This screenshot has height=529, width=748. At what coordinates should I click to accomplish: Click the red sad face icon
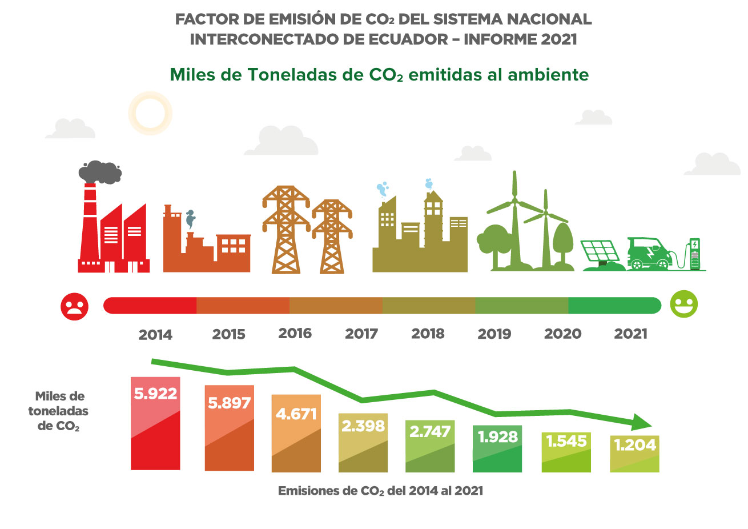click(75, 306)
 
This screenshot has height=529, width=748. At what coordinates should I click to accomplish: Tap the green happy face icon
click(683, 304)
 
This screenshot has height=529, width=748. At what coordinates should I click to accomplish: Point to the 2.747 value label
click(429, 431)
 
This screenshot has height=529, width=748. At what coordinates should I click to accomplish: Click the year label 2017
click(361, 334)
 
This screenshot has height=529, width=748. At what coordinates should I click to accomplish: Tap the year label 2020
click(562, 334)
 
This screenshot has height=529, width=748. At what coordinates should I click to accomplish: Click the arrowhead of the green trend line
click(642, 422)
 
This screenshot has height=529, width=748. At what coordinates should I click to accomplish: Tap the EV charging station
click(694, 254)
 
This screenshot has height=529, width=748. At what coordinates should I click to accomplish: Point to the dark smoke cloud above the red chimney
click(100, 171)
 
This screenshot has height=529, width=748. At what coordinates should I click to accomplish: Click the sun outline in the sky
click(150, 113)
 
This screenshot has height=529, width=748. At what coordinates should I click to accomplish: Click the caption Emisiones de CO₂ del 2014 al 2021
click(380, 491)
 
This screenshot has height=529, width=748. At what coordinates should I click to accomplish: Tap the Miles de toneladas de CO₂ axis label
click(59, 411)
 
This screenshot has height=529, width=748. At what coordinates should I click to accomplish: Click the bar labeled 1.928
click(497, 449)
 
